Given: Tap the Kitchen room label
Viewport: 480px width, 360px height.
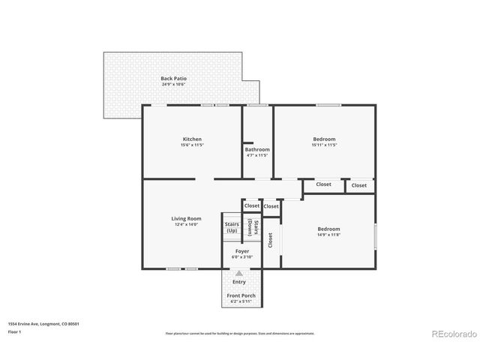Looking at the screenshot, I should (x=192, y=139).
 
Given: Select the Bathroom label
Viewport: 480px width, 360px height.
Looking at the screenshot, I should (x=257, y=149).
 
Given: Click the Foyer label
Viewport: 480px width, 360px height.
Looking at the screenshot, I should (x=242, y=251).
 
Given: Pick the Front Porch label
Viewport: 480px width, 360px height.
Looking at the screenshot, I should (x=241, y=295).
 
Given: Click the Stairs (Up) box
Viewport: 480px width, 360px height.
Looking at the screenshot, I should (x=231, y=227).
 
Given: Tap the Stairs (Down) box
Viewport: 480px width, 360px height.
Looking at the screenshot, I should (x=255, y=227).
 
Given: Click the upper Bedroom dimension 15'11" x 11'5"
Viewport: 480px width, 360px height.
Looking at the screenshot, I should (x=324, y=145).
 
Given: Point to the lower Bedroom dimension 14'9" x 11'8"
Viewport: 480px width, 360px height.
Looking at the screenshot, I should (x=328, y=235).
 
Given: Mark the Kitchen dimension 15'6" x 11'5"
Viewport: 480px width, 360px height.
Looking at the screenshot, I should (x=192, y=145).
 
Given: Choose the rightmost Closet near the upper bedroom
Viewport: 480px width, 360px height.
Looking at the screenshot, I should (x=359, y=185).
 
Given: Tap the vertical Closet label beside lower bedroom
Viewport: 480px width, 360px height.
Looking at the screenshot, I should (x=270, y=240).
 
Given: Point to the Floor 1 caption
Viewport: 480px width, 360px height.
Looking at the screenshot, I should (x=15, y=331).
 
